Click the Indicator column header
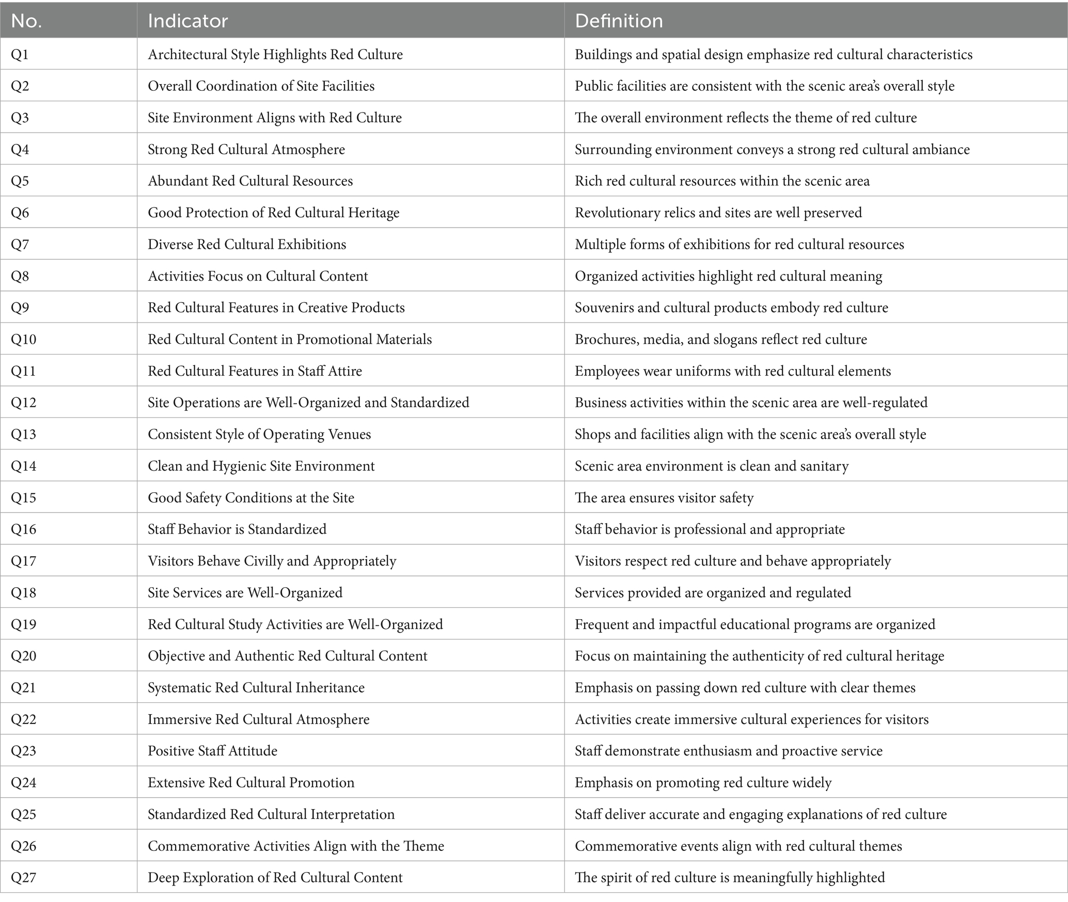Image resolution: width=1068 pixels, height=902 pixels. (187, 21)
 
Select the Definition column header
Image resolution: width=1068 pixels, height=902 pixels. (619, 21)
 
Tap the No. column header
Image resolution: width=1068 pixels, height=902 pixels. (26, 21)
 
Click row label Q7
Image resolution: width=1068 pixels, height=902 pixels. (20, 244)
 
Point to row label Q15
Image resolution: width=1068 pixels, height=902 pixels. (23, 497)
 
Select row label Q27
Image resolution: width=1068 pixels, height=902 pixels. (23, 877)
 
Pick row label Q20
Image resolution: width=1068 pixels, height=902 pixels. (24, 656)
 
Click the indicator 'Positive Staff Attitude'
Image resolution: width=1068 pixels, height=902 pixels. (212, 751)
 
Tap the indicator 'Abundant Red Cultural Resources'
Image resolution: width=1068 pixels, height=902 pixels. (250, 181)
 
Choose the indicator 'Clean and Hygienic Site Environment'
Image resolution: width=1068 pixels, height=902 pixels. (261, 466)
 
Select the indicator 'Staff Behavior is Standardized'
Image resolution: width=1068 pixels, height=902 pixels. (237, 529)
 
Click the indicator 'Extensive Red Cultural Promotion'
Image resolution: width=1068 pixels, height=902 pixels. (251, 782)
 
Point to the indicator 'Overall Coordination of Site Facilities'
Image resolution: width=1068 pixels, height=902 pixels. (261, 86)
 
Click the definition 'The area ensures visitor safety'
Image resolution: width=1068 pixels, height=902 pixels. (664, 497)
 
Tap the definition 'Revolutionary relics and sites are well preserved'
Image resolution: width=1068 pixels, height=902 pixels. (718, 213)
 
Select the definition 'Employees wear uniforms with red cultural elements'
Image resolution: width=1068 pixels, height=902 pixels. (733, 371)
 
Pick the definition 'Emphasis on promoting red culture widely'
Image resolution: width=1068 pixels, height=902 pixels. (703, 782)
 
